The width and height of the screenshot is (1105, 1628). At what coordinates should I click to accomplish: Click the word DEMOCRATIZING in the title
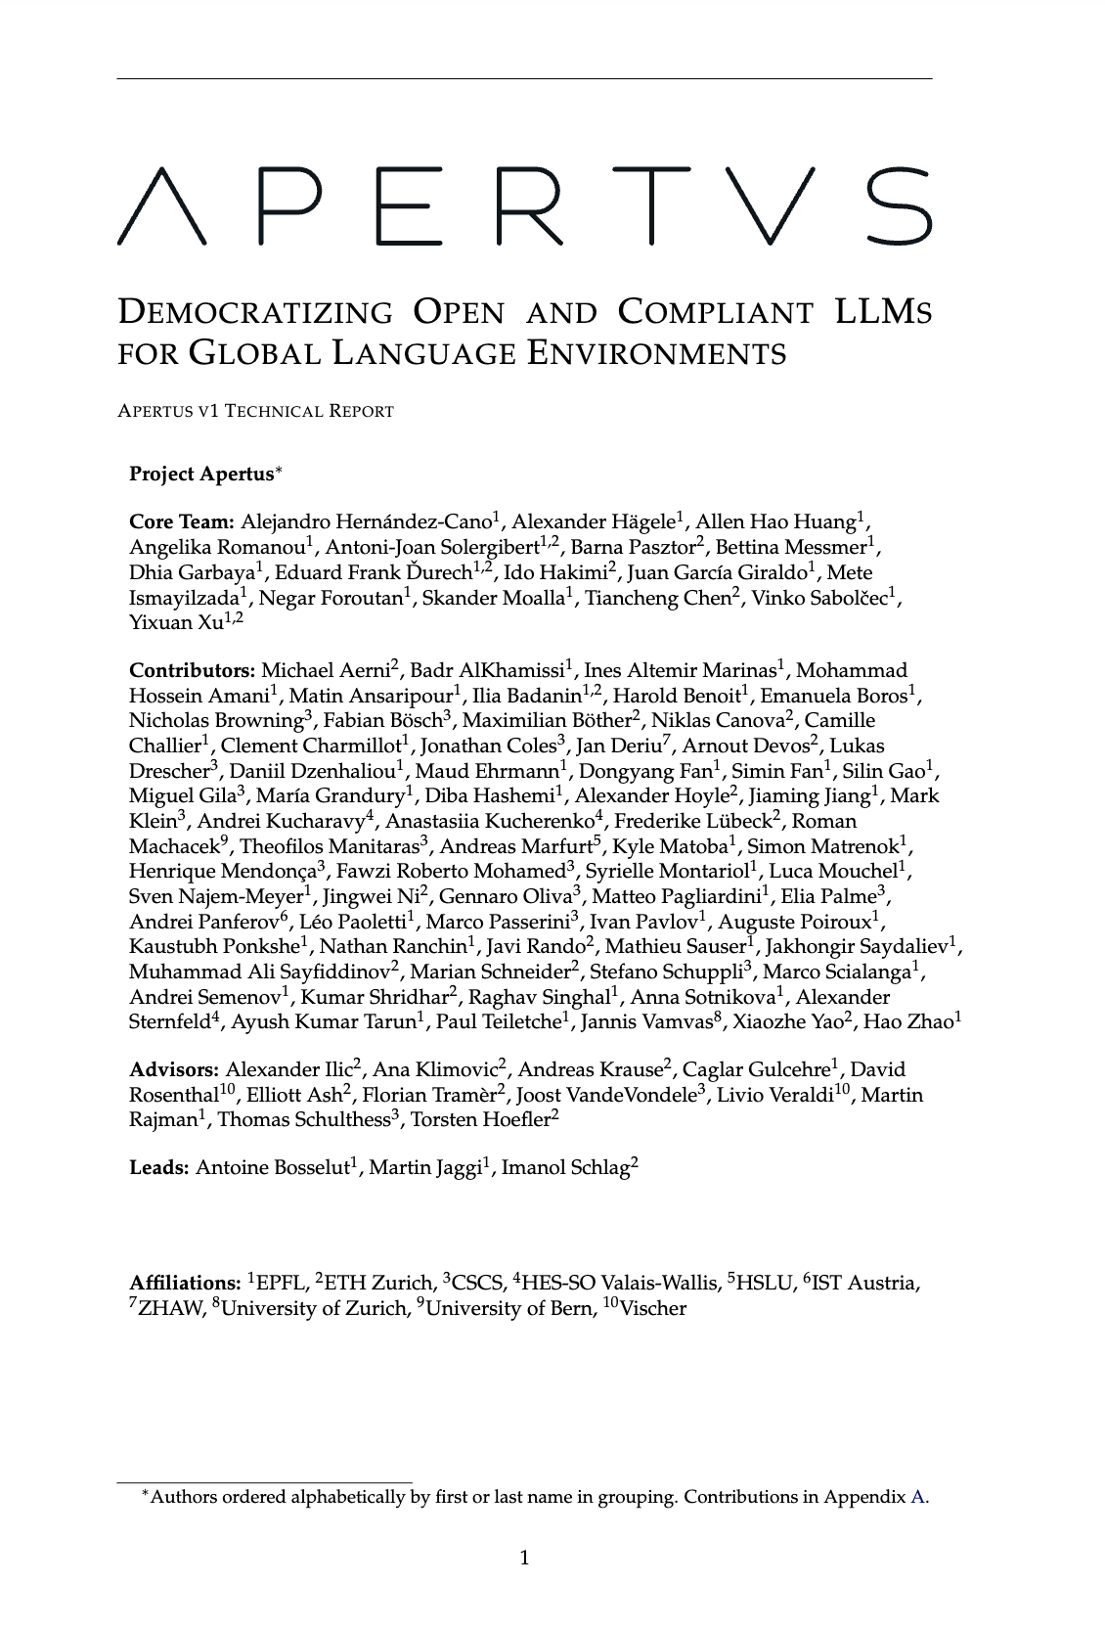(254, 312)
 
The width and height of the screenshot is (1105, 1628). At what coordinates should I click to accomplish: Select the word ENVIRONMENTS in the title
(657, 352)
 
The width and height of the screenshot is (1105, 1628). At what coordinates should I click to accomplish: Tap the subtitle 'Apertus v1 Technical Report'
(255, 411)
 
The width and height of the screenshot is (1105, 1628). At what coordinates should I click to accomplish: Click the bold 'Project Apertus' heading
(201, 475)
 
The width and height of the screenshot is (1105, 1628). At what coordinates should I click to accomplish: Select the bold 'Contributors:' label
(192, 671)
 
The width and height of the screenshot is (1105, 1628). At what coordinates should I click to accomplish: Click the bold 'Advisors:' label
(174, 1069)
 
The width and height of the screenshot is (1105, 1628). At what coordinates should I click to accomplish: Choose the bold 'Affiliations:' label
(185, 1284)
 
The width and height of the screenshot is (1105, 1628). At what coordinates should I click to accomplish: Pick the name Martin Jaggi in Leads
(424, 1167)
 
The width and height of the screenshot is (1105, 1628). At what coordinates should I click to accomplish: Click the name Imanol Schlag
(565, 1167)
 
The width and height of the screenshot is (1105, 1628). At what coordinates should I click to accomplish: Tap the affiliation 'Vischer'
(653, 1309)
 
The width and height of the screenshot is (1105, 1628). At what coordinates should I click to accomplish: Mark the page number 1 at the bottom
(524, 1558)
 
